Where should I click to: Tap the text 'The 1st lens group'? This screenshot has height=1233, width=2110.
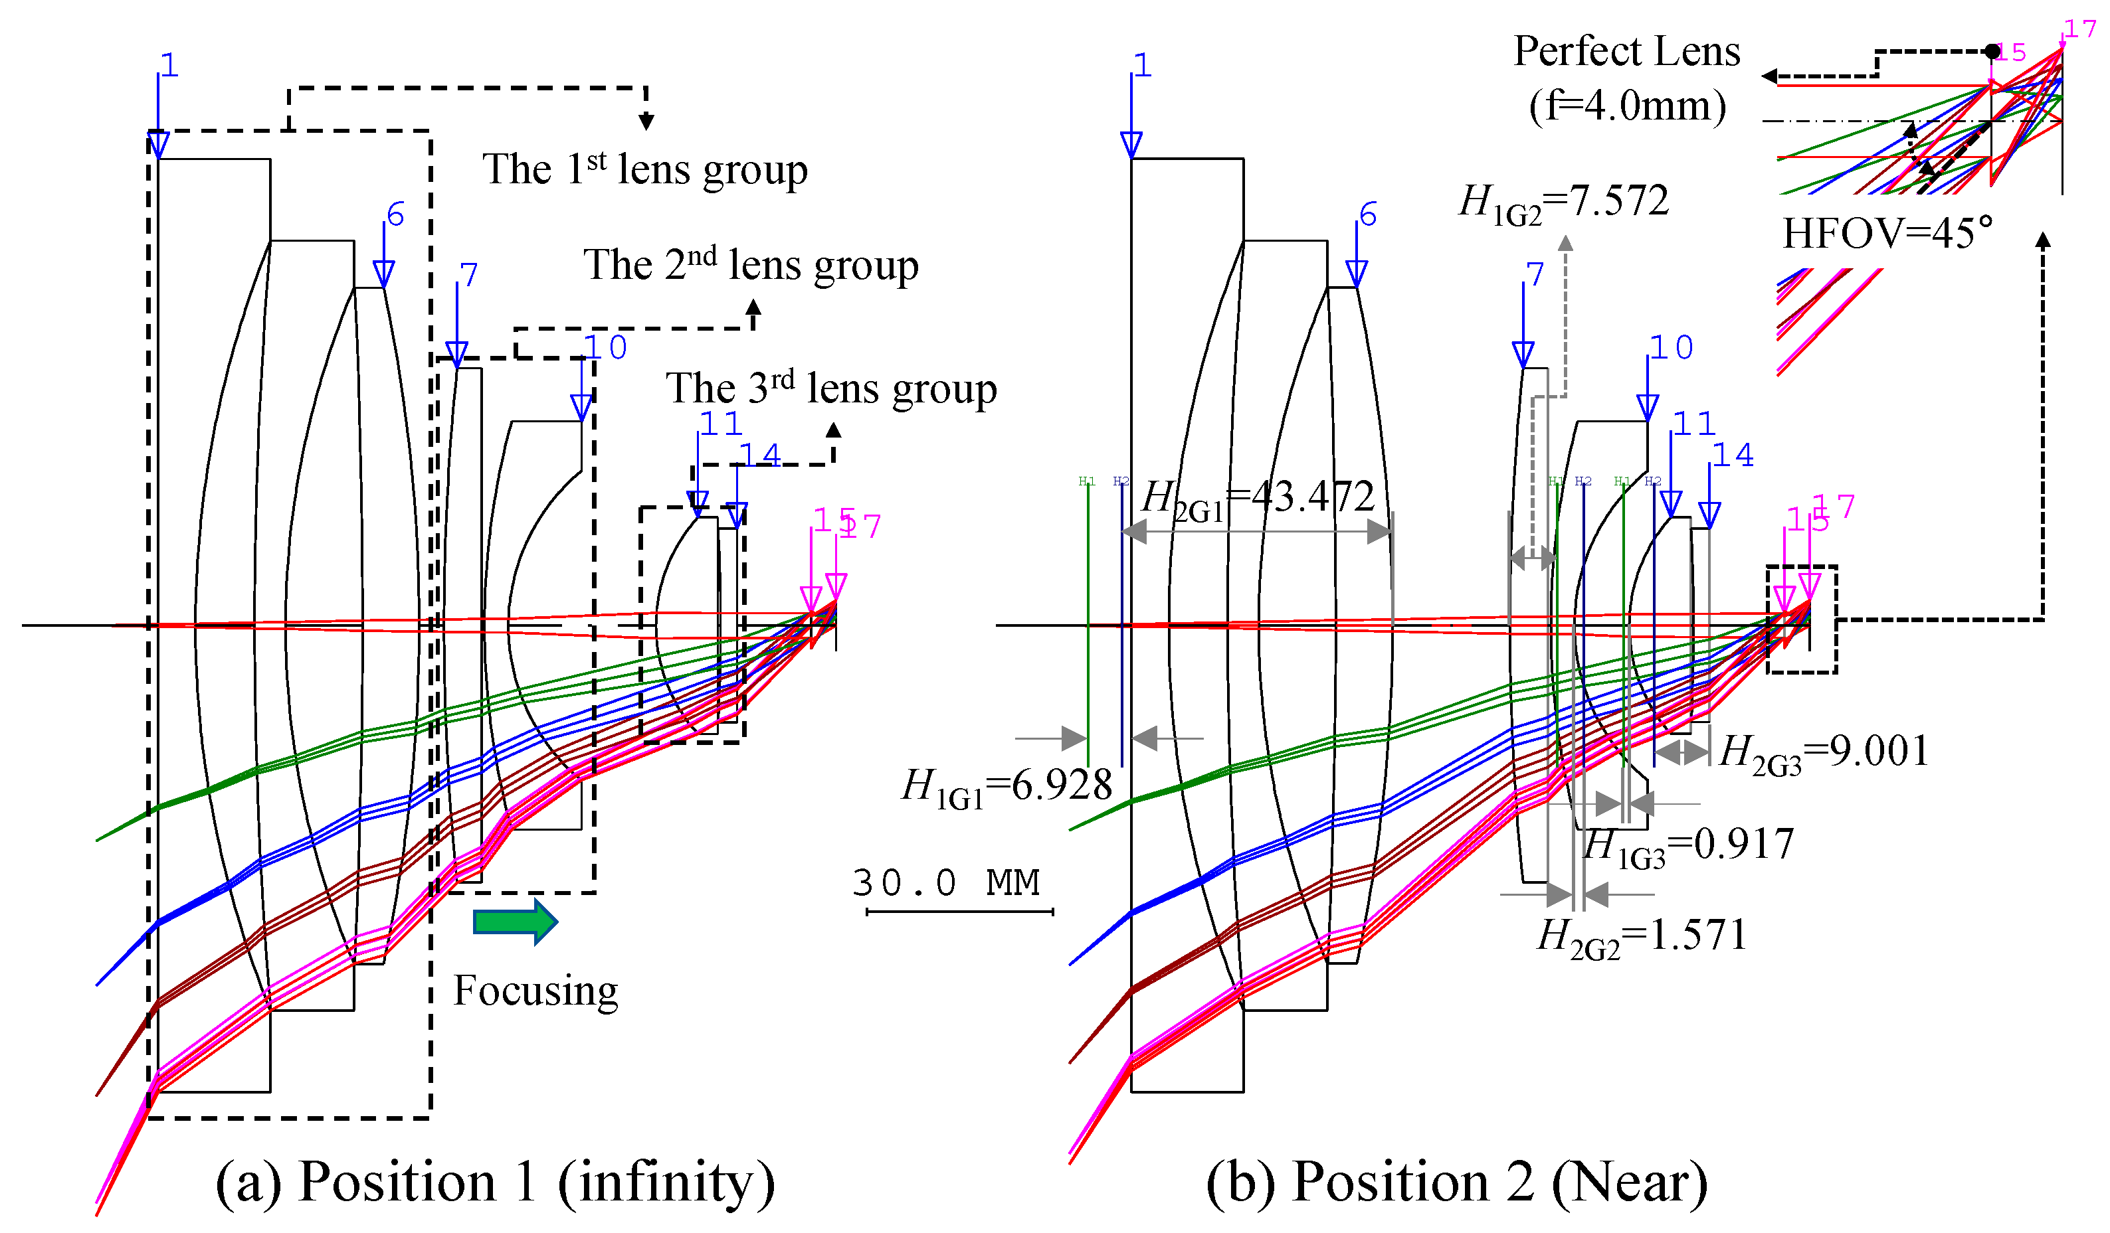tap(644, 170)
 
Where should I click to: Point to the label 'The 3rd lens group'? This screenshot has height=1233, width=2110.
tap(830, 388)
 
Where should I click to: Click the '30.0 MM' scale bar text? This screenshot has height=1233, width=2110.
tap(946, 883)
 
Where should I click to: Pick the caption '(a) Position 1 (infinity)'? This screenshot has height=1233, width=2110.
tap(495, 1182)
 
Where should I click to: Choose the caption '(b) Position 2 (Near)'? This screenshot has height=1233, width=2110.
tap(1457, 1182)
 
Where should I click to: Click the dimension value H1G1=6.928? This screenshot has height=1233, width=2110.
tap(1007, 787)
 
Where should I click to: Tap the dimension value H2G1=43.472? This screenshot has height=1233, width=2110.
tap(1258, 498)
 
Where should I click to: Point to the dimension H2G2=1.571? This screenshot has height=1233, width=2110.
tap(1642, 936)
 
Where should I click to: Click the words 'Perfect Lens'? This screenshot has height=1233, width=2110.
tap(1627, 52)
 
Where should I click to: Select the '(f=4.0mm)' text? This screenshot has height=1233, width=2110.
tap(1627, 106)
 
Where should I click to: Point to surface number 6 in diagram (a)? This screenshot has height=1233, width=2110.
tap(396, 214)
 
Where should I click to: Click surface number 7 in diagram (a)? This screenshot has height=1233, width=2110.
tap(469, 275)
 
